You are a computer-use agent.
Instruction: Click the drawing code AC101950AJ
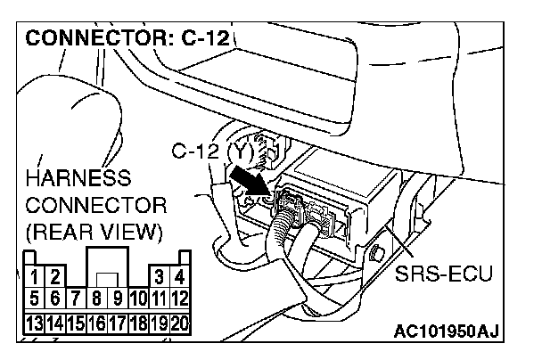(x=446, y=333)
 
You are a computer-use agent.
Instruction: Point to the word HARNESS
(x=78, y=176)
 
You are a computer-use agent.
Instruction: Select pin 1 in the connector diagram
(x=32, y=280)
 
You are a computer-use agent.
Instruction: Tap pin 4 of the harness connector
(x=179, y=279)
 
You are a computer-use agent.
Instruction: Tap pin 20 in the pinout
(x=179, y=320)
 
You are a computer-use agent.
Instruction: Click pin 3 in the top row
(x=159, y=279)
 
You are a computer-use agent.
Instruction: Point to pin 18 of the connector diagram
(x=137, y=320)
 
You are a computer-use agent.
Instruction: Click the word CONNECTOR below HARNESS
(x=95, y=205)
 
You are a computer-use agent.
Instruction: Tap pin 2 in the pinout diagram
(x=53, y=280)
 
